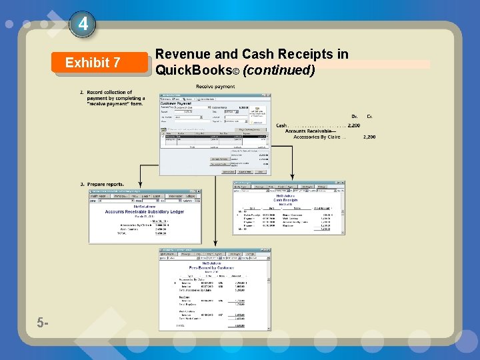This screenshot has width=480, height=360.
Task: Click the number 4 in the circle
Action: [83, 25]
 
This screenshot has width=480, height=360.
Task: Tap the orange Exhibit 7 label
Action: [93, 63]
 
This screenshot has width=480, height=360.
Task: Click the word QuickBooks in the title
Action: [193, 69]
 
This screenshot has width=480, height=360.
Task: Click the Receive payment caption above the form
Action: [215, 87]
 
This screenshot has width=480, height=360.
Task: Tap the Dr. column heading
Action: [354, 116]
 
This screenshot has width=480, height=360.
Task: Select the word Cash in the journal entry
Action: [281, 125]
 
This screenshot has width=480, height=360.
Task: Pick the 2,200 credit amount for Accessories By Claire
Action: [369, 137]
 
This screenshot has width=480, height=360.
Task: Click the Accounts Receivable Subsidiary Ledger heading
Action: [144, 212]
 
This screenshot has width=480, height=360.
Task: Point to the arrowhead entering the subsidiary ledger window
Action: [140, 186]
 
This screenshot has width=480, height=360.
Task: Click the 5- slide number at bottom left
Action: [43, 323]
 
